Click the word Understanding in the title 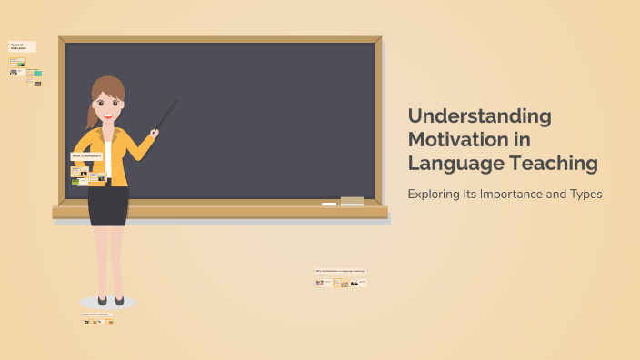479,116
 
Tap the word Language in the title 451,164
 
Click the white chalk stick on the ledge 328,204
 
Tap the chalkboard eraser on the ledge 352,200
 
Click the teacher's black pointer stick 165,115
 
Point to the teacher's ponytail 91,115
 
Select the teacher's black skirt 108,205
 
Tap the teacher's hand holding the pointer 155,133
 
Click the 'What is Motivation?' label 86,155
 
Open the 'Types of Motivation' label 22,45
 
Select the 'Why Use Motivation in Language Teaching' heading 340,271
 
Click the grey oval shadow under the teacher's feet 107,302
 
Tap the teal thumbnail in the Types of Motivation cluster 38,73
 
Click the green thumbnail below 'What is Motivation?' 75,182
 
